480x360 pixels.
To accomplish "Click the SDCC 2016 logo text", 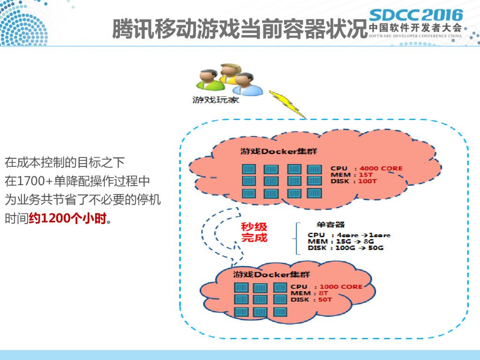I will pos(416,15).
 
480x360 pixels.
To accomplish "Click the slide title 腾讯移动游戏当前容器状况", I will pos(238,29).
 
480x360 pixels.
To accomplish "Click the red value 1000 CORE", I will pos(341,286).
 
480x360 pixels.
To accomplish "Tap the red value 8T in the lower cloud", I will pos(323,293).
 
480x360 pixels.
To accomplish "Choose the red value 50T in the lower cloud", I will pos(325,300).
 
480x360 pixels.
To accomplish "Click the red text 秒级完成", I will pos(254,232).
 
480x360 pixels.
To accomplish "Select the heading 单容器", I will pos(328,225).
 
